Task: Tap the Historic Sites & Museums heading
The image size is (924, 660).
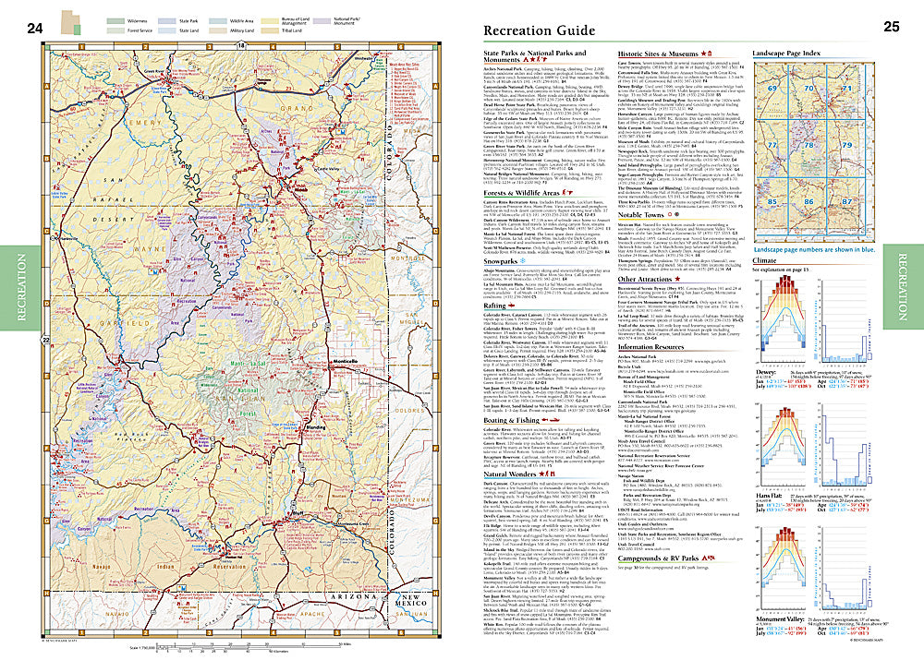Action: point(664,55)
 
